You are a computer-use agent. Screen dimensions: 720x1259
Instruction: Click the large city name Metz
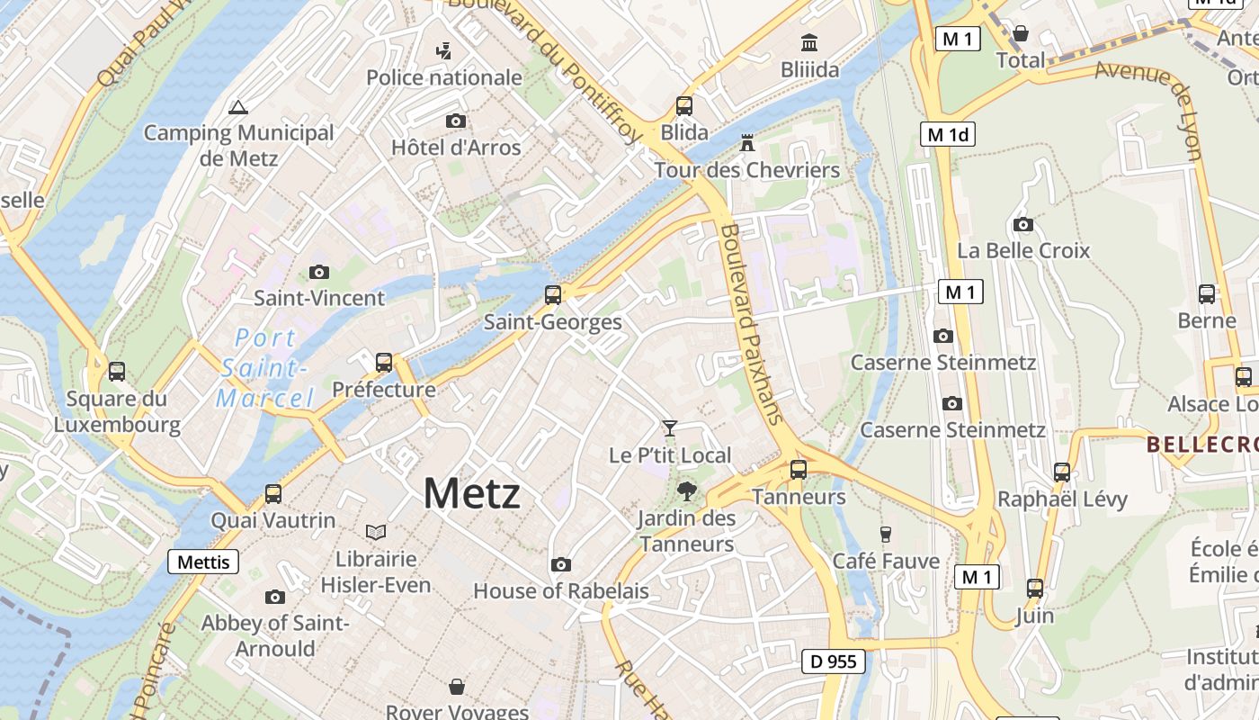click(x=471, y=493)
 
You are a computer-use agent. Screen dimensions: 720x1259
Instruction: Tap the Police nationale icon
click(x=443, y=51)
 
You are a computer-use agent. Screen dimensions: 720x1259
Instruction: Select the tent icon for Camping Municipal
click(x=238, y=108)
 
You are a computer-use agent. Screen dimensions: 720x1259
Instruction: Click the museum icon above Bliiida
click(x=809, y=42)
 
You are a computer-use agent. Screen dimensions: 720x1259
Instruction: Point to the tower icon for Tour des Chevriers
click(x=746, y=143)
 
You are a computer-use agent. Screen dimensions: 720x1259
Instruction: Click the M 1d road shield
click(x=948, y=134)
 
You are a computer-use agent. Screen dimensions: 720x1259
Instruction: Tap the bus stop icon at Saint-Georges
click(x=553, y=295)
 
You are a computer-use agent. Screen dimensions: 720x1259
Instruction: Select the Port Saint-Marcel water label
click(x=264, y=368)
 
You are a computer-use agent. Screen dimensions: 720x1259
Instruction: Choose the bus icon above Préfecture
click(x=384, y=363)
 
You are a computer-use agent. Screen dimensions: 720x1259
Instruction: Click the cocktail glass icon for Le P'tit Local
click(x=670, y=427)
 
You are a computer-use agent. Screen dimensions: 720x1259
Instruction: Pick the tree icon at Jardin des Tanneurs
click(x=687, y=490)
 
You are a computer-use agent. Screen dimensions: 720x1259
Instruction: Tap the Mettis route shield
click(x=203, y=562)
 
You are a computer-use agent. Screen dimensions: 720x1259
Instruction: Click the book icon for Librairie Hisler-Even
click(x=375, y=533)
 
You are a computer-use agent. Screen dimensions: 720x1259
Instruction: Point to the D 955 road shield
click(x=833, y=661)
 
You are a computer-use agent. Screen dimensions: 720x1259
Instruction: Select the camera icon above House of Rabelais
click(x=561, y=564)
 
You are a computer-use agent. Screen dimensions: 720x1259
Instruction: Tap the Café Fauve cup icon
click(x=885, y=534)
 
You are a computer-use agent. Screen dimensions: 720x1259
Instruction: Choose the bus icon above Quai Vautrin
click(x=273, y=494)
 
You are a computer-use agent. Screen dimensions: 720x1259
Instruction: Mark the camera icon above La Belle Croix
click(x=1022, y=224)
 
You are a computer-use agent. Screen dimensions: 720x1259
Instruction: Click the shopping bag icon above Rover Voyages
click(x=457, y=687)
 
